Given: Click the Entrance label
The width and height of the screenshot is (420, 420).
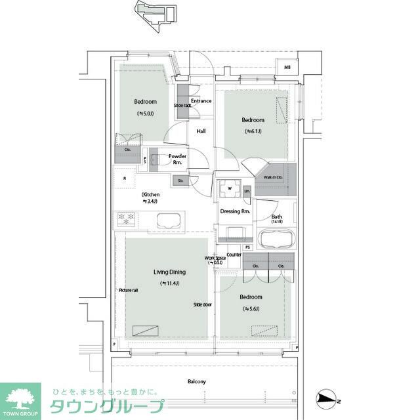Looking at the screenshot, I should [201, 101].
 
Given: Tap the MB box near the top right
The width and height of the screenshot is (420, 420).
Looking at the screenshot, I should [287, 67].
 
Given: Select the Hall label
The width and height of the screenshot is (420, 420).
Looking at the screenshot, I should [201, 131].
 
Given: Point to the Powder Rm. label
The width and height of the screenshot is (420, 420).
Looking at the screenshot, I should [178, 159].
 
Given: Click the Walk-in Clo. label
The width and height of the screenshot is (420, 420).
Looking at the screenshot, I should [274, 177].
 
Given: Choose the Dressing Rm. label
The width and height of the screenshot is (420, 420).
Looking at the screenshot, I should [235, 211].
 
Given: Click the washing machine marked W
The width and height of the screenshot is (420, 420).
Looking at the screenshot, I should [230, 189].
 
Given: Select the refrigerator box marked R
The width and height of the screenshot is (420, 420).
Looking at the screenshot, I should [124, 178].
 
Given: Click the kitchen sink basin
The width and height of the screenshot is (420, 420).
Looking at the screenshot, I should [169, 221].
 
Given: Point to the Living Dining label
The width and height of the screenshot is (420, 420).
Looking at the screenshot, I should [169, 272].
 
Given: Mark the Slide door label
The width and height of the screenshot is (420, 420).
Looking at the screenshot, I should [201, 304].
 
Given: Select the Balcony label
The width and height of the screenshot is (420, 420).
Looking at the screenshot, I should [196, 381].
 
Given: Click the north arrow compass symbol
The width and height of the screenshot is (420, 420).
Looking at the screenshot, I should [327, 398].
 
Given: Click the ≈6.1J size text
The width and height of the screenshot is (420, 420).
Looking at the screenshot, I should [253, 131].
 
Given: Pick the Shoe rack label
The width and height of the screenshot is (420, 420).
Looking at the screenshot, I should [182, 105].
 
